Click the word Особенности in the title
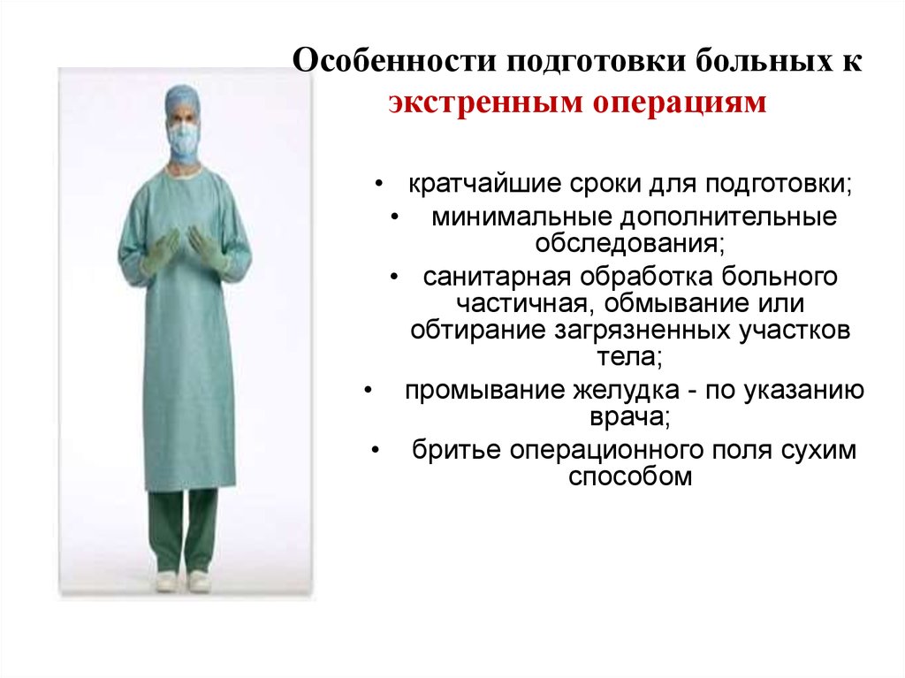pyautogui.click(x=394, y=61)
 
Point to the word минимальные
pyautogui.click(x=521, y=217)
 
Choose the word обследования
pyautogui.click(x=629, y=243)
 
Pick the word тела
pyautogui.click(x=629, y=356)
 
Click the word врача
pyautogui.click(x=629, y=416)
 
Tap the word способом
pyautogui.click(x=629, y=476)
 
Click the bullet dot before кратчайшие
pyautogui.click(x=378, y=185)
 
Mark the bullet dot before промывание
pyautogui.click(x=369, y=391)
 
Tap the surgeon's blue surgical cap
pyautogui.click(x=182, y=101)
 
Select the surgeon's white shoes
pyautogui.click(x=182, y=581)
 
